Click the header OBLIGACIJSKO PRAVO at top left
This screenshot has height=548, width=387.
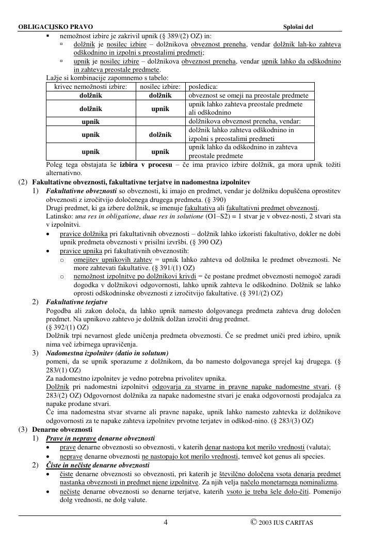coord(49,26)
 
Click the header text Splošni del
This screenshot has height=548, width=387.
coord(298,26)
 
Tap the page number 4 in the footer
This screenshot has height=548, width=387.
coord(166,522)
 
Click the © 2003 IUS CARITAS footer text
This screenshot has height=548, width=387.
coord(282,522)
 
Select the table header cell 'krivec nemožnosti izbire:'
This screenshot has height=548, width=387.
coord(91,87)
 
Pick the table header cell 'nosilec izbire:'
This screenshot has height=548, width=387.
coord(160,87)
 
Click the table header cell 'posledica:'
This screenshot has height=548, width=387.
coord(203,87)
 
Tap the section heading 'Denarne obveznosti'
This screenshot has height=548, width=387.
coord(62,429)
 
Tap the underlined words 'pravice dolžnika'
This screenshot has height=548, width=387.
coord(84,233)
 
